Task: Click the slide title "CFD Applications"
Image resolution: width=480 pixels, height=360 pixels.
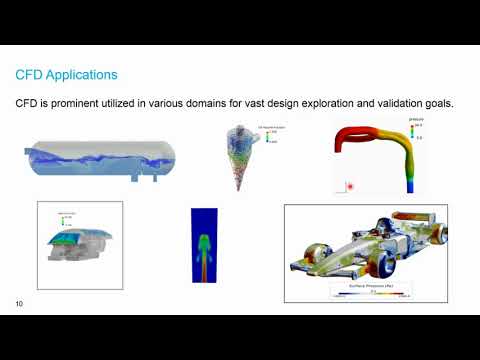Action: coord(66,75)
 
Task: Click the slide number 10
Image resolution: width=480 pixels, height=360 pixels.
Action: coord(20,303)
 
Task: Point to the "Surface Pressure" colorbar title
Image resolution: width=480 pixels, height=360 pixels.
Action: coord(375,286)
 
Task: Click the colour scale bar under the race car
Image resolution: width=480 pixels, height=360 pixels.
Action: coord(375,293)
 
